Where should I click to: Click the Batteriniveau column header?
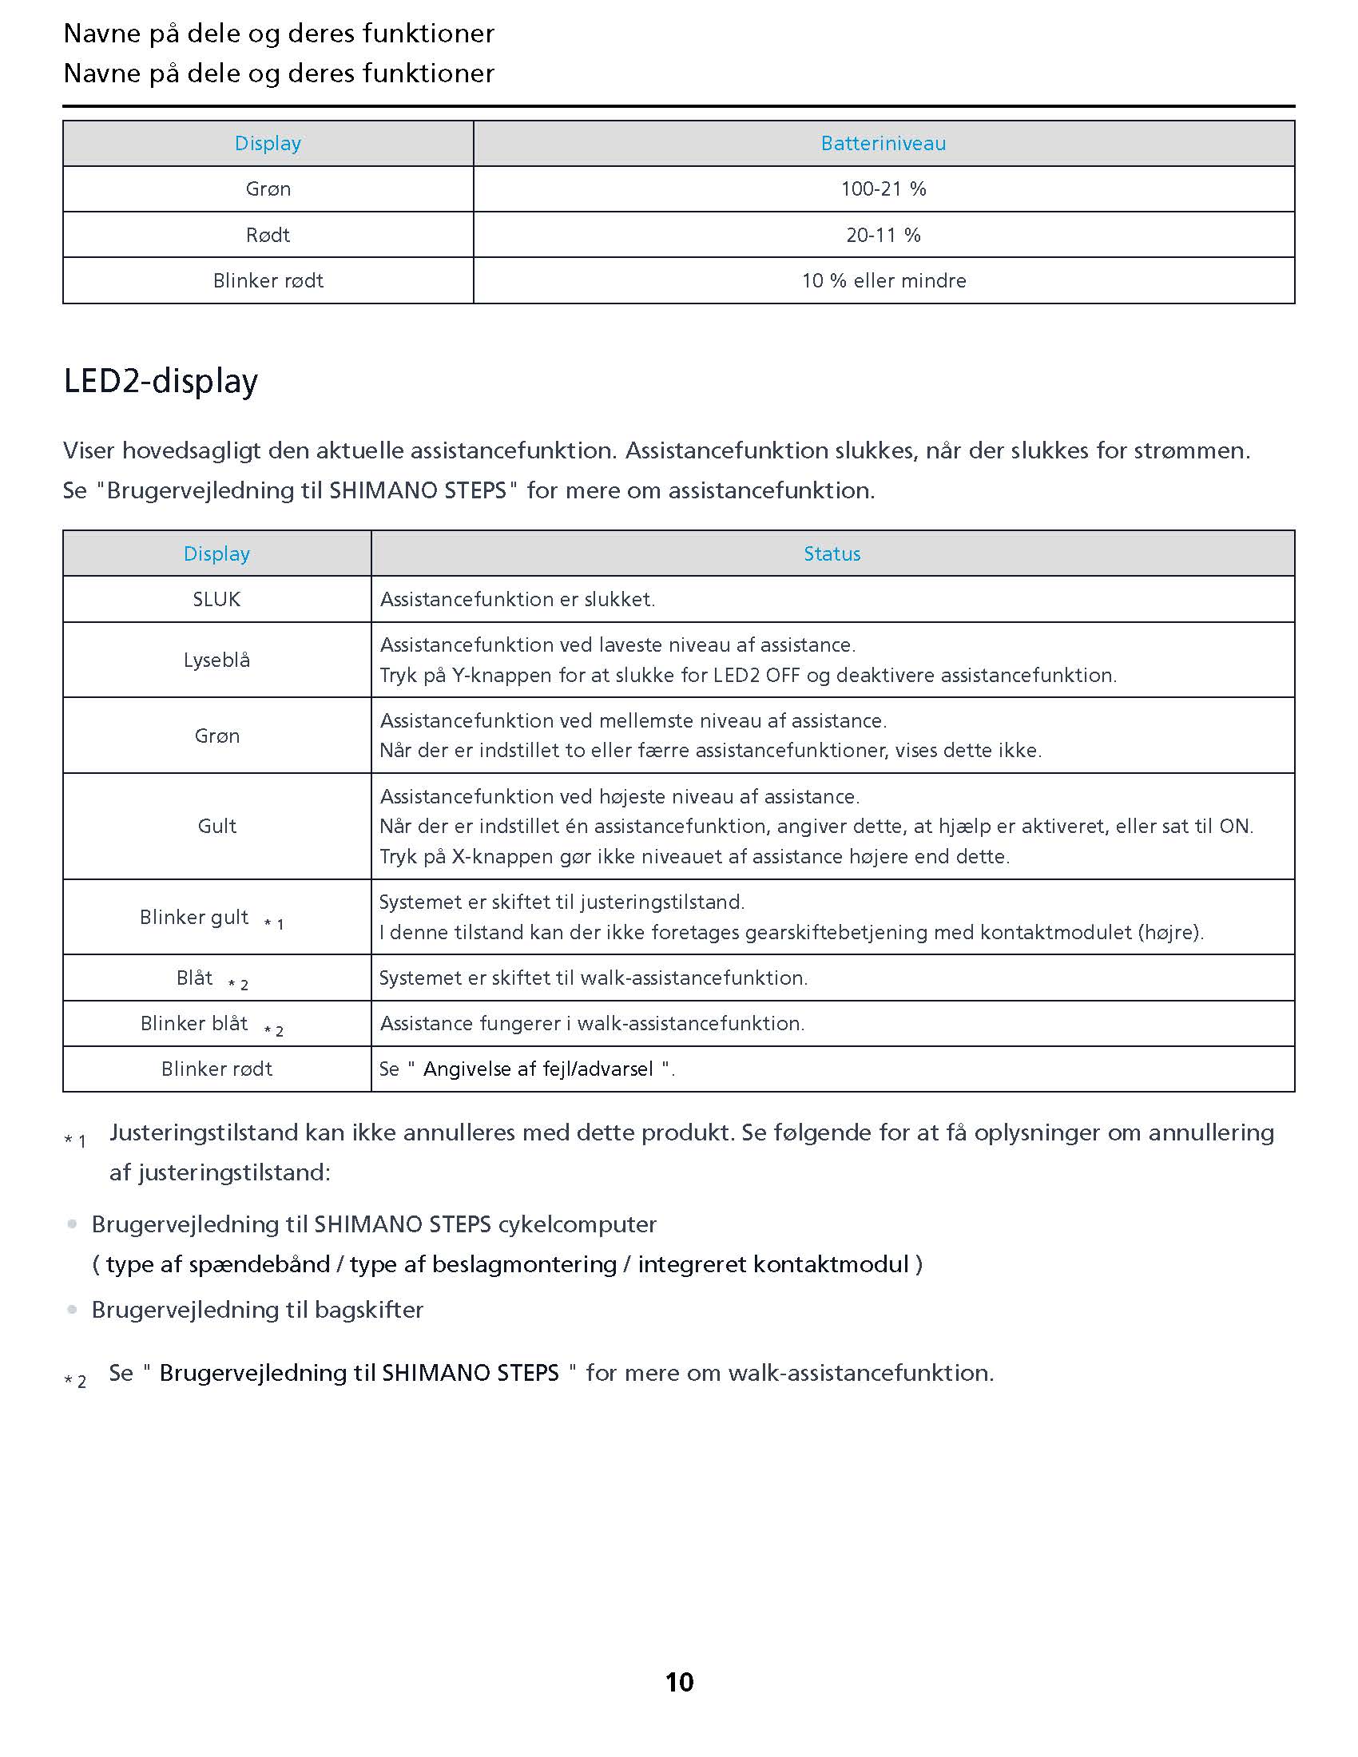883,143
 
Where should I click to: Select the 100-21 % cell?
883,189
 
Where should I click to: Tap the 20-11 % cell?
883,235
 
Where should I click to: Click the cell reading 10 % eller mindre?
883,281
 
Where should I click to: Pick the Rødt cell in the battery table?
267,235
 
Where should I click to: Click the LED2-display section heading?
160,380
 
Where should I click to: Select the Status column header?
831,553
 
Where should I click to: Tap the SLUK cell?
216,599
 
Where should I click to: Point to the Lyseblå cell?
216,660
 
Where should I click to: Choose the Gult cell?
216,827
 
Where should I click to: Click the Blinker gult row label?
195,917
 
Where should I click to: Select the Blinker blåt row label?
195,1023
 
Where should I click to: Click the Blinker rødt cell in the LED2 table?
216,1069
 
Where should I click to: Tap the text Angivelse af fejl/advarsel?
538,1069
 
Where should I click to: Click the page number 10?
679,1682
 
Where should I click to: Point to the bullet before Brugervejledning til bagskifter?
73,1310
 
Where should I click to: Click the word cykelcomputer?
577,1224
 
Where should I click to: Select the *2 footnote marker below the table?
75,1382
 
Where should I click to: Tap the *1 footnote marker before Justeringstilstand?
75,1140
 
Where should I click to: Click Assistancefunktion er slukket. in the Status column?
518,599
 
